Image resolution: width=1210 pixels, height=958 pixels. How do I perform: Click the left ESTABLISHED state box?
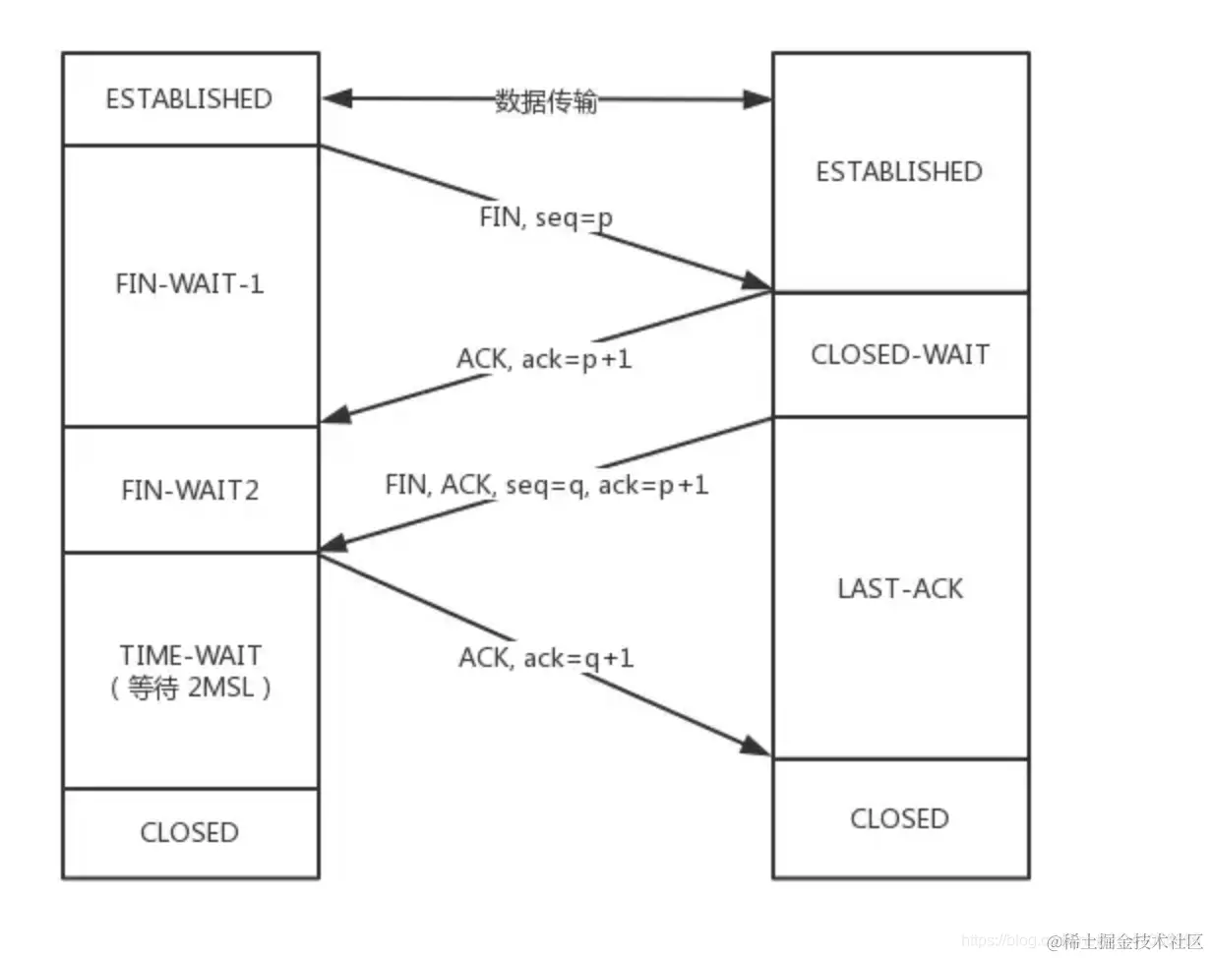coord(190,98)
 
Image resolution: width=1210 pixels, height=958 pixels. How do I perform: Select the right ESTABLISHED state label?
coord(899,172)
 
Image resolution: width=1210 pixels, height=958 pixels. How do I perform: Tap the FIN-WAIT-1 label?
coord(190,284)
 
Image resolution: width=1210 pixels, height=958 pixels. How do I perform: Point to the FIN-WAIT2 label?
coord(190,490)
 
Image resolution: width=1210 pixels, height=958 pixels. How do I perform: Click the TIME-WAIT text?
coord(190,655)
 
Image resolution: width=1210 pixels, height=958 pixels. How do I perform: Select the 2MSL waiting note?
coord(190,689)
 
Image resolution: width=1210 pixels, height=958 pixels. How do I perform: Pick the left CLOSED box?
coord(190,832)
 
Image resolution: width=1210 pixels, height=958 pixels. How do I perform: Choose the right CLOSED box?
coord(899,818)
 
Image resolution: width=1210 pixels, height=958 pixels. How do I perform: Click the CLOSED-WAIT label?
coord(899,354)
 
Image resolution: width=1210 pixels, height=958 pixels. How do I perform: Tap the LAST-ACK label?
coord(899,588)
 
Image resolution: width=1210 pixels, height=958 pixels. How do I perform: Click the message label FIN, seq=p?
coord(546,217)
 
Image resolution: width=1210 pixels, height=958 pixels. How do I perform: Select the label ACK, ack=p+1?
coord(544,359)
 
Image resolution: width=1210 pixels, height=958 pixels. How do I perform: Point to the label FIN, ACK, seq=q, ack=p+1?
coord(546,484)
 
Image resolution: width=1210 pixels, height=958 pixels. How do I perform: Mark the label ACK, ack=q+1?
coord(546,657)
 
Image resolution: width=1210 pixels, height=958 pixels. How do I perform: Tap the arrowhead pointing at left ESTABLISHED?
coord(334,98)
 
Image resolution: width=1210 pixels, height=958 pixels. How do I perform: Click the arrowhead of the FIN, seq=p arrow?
coord(757,283)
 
